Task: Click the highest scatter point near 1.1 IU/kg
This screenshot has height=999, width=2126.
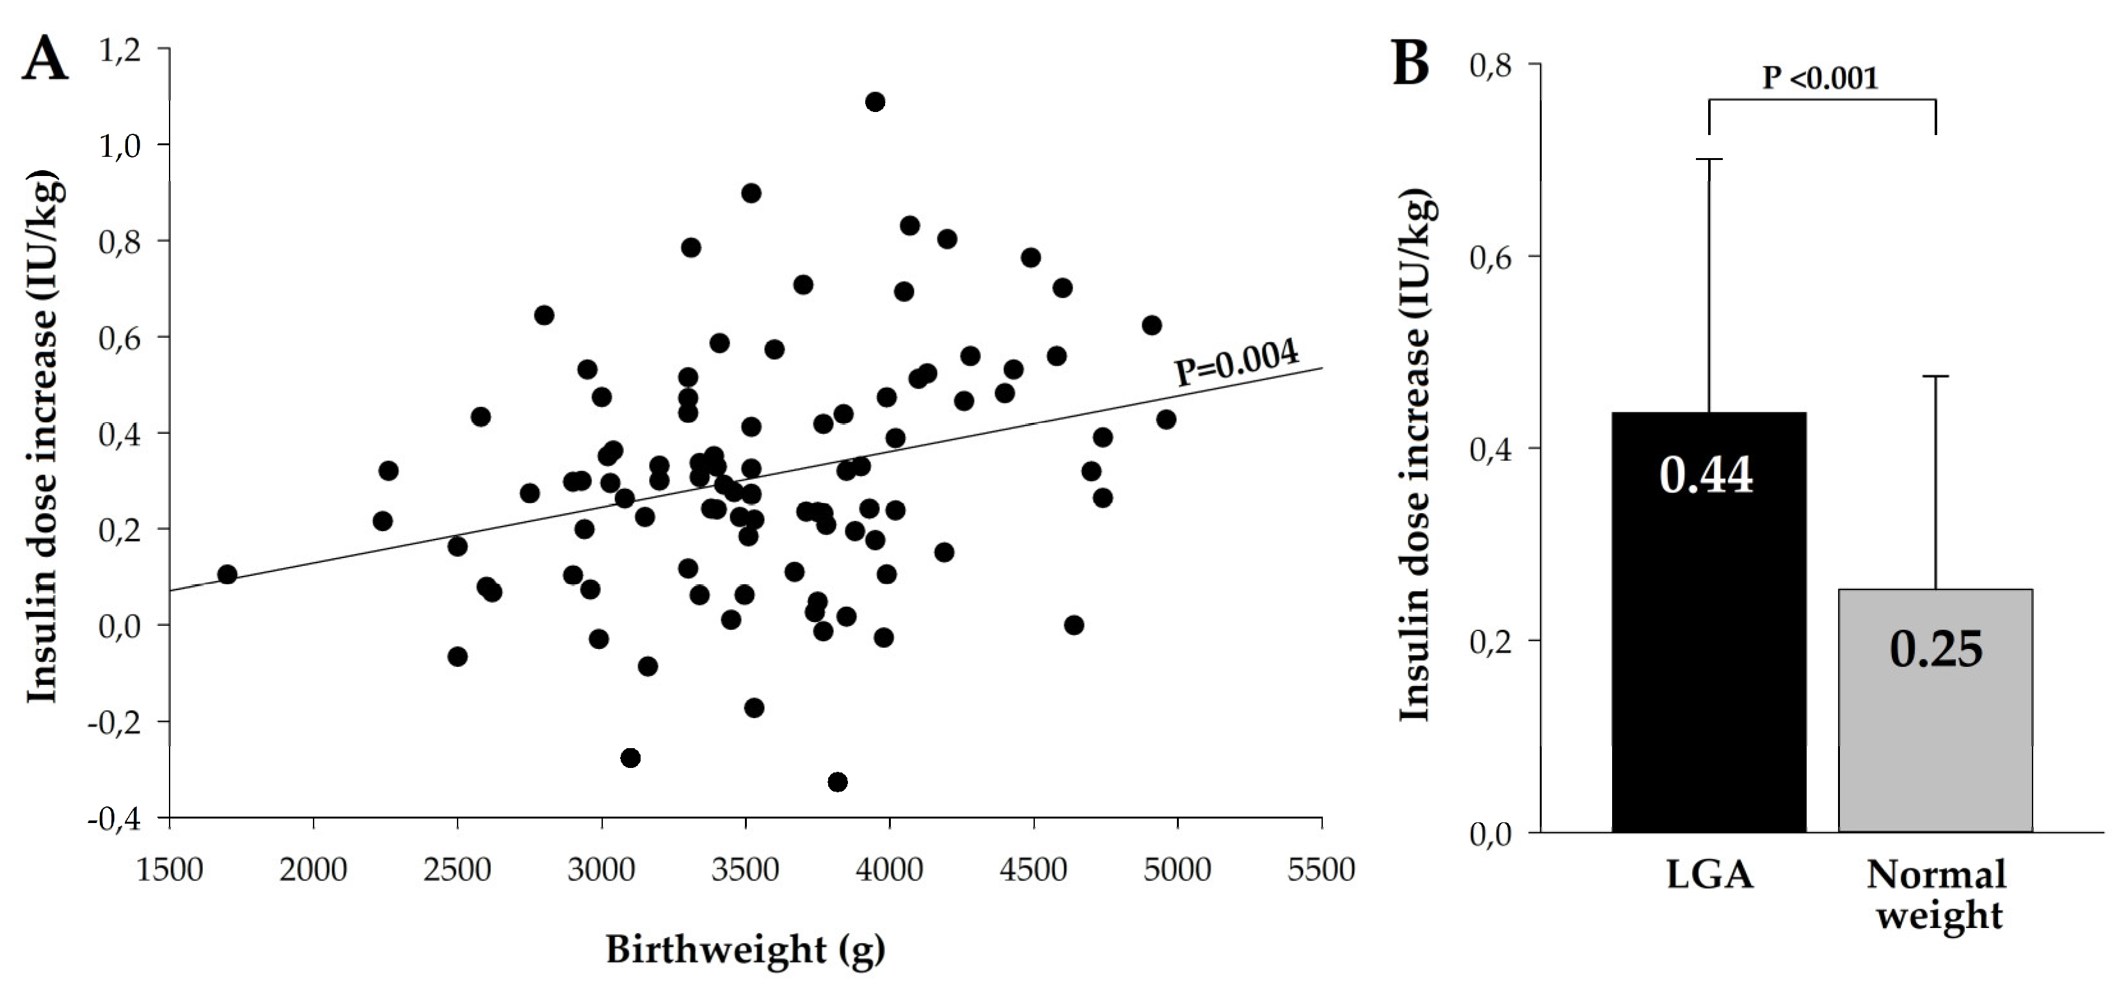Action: tap(875, 102)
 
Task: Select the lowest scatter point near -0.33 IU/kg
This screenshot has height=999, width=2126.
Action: tap(837, 782)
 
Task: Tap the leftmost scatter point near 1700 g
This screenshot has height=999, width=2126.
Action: tap(227, 575)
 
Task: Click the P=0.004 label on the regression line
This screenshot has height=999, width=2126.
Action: tap(1236, 364)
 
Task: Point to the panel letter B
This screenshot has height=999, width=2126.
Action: tap(1411, 63)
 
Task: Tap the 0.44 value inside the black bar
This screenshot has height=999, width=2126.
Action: tap(1706, 476)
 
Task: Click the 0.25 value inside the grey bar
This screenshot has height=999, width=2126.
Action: tap(1935, 650)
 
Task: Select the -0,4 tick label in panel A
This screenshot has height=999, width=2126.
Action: tap(118, 820)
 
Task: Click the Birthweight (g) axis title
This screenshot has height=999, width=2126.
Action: tap(746, 950)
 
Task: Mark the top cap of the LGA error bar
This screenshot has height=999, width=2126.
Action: tap(1708, 159)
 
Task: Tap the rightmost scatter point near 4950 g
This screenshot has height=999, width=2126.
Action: tap(1165, 419)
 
